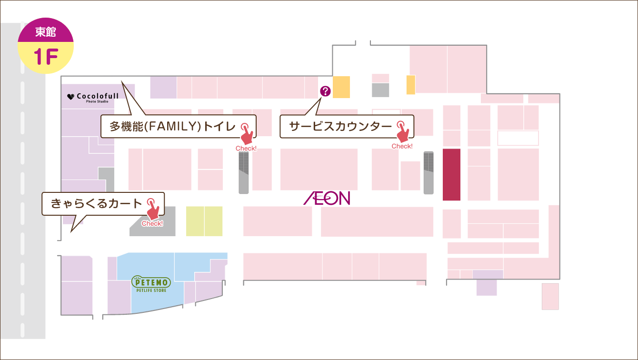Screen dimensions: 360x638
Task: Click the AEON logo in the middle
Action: pyautogui.click(x=327, y=199)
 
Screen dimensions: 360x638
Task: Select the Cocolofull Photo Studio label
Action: pyautogui.click(x=93, y=97)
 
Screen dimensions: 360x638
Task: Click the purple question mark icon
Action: pyautogui.click(x=325, y=90)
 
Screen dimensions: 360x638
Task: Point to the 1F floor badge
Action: pyautogui.click(x=46, y=57)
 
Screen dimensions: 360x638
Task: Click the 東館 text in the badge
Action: pyautogui.click(x=46, y=32)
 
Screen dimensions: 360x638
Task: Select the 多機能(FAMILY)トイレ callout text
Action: pyautogui.click(x=173, y=126)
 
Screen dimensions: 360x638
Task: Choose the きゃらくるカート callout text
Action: pyautogui.click(x=97, y=204)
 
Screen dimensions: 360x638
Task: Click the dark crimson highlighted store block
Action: pyautogui.click(x=451, y=174)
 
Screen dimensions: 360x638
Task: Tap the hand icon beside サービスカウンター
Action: pyautogui.click(x=403, y=131)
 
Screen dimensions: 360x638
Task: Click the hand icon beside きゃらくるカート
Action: pyautogui.click(x=152, y=209)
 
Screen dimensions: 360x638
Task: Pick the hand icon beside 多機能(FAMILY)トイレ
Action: pyautogui.click(x=247, y=133)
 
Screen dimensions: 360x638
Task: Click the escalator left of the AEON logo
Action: pyautogui.click(x=244, y=173)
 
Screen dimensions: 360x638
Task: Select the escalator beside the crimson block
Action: pyautogui.click(x=429, y=172)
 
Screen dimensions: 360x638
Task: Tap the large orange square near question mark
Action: pyautogui.click(x=341, y=87)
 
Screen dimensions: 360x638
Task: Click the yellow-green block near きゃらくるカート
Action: pyautogui.click(x=204, y=221)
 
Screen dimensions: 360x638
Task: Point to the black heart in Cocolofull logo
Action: pyautogui.click(x=71, y=97)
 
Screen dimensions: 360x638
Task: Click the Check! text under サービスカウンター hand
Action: pyautogui.click(x=402, y=146)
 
